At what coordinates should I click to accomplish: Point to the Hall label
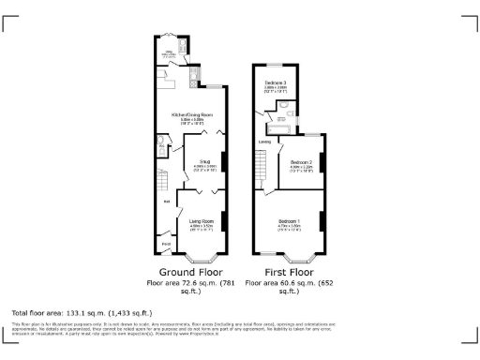tap(167, 202)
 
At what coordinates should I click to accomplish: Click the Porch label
tap(166, 246)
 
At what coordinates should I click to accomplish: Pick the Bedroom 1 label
tap(289, 219)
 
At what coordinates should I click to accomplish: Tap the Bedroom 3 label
tap(275, 84)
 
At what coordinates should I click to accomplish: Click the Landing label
tap(265, 142)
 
